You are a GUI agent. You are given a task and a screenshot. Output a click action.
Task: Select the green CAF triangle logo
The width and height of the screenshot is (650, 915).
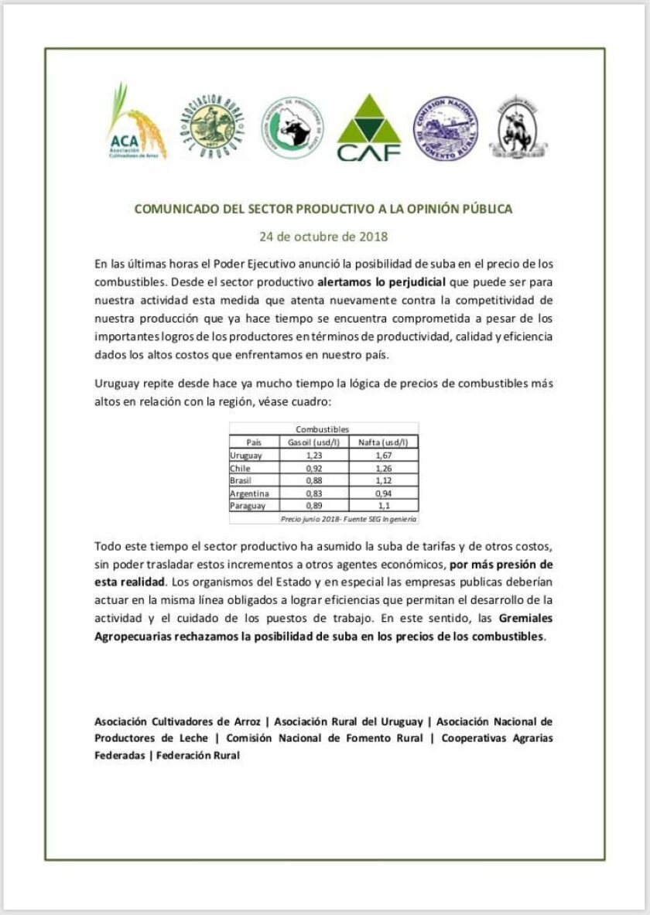point(368,129)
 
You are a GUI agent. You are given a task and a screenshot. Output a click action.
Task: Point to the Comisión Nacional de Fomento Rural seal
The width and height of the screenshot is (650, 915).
point(445,128)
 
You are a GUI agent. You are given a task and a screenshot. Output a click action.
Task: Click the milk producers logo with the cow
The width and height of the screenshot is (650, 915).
point(292,128)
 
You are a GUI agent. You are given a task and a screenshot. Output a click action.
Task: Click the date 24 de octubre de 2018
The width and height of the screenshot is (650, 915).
point(323,236)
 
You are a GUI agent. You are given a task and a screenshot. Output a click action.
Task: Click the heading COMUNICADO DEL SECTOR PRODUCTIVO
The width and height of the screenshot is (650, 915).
point(323,209)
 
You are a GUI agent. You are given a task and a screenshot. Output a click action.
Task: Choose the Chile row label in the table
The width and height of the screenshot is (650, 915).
point(241,468)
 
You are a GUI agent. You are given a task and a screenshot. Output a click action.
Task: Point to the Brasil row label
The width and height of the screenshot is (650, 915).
point(243,480)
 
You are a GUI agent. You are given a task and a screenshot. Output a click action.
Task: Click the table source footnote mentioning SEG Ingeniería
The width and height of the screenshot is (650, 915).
point(348,518)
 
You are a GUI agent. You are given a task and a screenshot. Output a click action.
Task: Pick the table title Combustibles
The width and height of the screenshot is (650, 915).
point(323,429)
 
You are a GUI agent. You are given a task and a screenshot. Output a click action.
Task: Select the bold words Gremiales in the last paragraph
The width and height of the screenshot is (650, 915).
point(526,619)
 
